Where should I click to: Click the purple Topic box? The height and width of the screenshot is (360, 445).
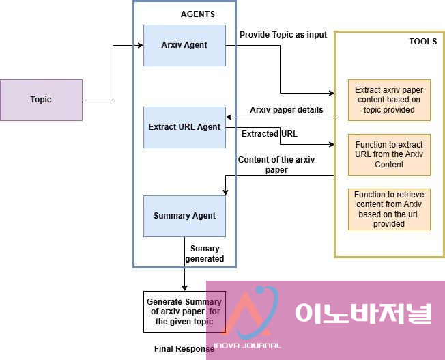tap(41, 100)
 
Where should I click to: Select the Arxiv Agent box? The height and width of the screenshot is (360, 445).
tap(184, 45)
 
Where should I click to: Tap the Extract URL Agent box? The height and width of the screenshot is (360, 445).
tap(184, 127)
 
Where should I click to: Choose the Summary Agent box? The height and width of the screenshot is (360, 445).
tap(184, 216)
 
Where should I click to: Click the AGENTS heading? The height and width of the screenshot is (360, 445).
tap(197, 14)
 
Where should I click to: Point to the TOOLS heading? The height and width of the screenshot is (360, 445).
tap(423, 42)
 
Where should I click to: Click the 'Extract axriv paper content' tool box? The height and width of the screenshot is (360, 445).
tap(389, 100)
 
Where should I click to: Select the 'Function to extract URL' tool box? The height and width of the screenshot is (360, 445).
tap(389, 154)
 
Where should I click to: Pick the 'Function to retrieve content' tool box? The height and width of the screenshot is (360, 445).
tap(389, 209)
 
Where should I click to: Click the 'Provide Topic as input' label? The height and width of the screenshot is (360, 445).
tap(283, 35)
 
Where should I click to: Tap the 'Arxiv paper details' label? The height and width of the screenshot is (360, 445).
tap(286, 109)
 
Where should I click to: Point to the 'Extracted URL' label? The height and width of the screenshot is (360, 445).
tap(269, 134)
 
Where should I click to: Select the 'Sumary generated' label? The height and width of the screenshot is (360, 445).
tap(205, 253)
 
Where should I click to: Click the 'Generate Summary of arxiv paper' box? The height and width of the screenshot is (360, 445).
tap(183, 311)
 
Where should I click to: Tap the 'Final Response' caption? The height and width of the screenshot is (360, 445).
tap(184, 349)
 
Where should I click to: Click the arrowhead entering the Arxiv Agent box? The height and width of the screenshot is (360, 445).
tap(140, 46)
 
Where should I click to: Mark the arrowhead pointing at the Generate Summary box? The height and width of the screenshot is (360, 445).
tap(184, 288)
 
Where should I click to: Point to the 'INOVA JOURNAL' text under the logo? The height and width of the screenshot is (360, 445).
tap(247, 346)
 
